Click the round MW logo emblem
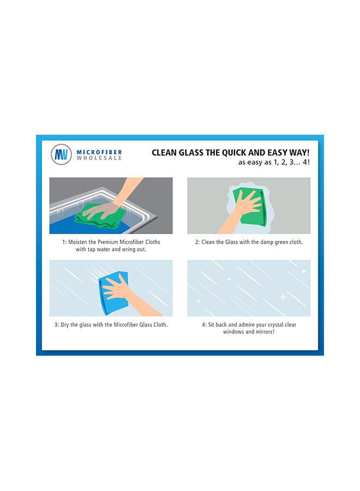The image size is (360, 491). click(61, 154)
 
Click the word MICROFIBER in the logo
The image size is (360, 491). click(99, 152)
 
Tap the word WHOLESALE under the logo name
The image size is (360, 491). click(99, 158)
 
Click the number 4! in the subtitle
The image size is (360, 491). click(304, 163)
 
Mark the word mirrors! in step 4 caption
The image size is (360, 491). click(263, 332)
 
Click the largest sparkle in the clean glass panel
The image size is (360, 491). click(283, 297)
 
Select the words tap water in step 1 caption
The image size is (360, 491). click(97, 249)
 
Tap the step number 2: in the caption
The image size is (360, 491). click(199, 242)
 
